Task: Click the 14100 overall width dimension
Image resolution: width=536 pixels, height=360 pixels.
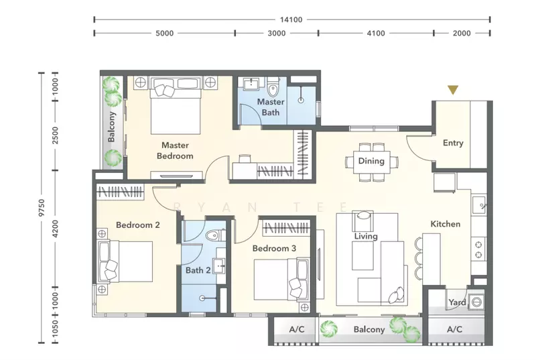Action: [291, 20]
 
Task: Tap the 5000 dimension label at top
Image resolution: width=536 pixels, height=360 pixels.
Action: [164, 34]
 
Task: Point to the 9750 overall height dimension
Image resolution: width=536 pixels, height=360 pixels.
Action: [42, 208]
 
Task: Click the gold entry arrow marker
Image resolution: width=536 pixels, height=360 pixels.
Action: [453, 90]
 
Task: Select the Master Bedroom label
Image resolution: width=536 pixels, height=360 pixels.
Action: [175, 150]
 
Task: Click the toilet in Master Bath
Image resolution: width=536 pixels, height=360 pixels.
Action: [273, 88]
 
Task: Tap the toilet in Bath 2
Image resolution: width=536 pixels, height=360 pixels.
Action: [215, 235]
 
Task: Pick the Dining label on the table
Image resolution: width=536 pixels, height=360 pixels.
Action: [371, 161]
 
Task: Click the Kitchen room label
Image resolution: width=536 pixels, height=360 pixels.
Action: [446, 224]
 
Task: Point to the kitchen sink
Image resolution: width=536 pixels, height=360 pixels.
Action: [478, 204]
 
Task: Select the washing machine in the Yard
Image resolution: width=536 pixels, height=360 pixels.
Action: [476, 302]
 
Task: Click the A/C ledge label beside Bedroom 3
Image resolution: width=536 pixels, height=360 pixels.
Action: [297, 329]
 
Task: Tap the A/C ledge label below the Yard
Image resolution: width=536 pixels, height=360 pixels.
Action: [455, 329]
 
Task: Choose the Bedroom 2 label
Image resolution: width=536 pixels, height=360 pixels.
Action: [138, 225]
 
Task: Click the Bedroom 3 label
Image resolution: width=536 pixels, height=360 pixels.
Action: [274, 248]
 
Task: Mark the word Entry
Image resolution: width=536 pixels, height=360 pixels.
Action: [454, 143]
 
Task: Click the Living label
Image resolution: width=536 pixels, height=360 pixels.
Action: [366, 236]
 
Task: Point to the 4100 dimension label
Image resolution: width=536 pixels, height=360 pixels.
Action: [376, 34]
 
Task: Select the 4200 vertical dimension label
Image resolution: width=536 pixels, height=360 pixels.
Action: [56, 229]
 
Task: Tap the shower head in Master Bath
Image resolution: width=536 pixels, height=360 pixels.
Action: [301, 100]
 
